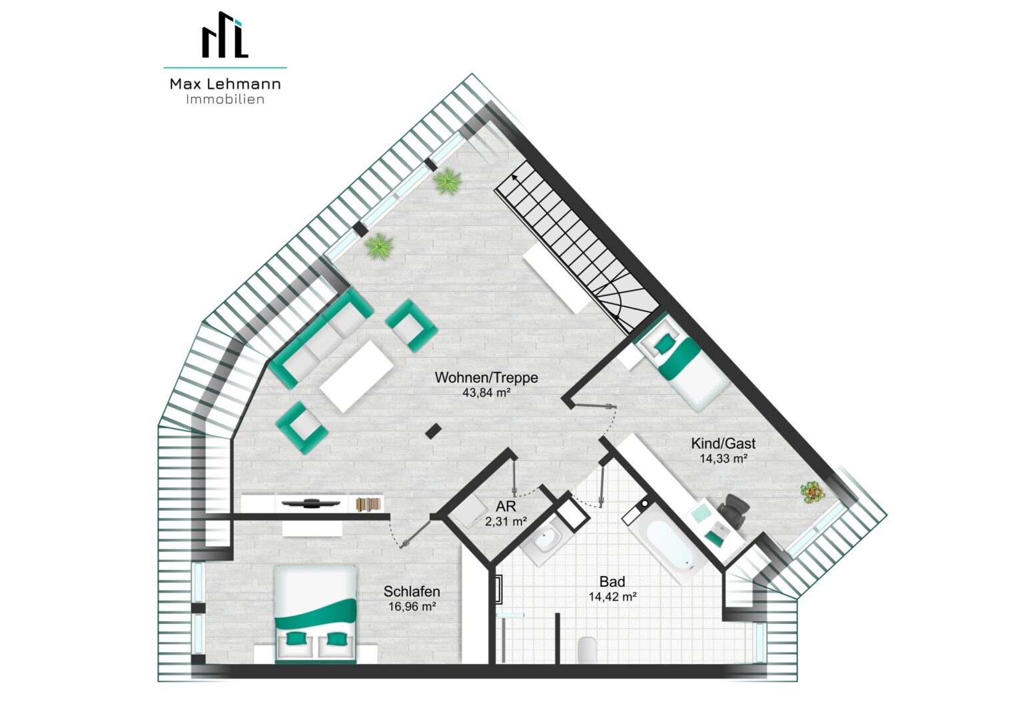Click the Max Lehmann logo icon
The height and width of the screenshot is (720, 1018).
(x=225, y=35)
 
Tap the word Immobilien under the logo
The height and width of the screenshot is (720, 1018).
(x=225, y=99)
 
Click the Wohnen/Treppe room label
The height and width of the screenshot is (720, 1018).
(x=486, y=377)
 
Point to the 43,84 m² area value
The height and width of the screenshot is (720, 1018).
(x=486, y=393)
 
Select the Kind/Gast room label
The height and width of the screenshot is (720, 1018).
(x=723, y=443)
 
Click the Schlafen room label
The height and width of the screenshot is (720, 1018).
(x=412, y=591)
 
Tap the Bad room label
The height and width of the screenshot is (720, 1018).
(x=612, y=581)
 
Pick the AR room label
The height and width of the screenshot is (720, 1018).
(x=506, y=506)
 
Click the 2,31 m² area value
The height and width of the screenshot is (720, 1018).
(x=506, y=521)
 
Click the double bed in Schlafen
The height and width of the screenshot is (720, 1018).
(x=315, y=613)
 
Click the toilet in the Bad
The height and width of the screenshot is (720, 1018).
(x=587, y=649)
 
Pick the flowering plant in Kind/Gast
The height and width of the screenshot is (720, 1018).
(x=811, y=492)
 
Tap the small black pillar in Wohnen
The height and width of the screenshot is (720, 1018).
(x=433, y=431)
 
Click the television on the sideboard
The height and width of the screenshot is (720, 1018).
(x=311, y=503)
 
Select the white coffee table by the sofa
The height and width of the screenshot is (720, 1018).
(x=356, y=377)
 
